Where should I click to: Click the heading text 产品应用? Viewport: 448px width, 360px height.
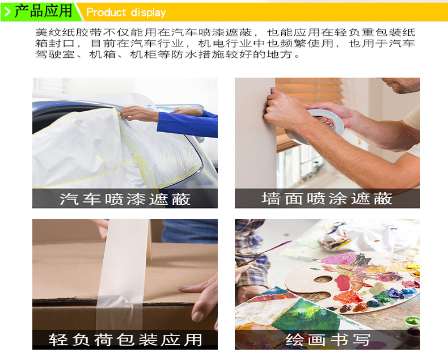coord(44,11)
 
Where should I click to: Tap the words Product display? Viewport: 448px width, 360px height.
coord(126,12)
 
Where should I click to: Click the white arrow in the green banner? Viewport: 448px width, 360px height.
coord(7,12)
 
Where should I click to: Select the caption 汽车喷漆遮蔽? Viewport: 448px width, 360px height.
coord(125,199)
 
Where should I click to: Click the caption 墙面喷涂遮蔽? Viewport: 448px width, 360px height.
coord(327,198)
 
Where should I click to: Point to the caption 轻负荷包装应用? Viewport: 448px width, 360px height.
coord(125,340)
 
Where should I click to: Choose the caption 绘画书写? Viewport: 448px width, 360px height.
coord(328,340)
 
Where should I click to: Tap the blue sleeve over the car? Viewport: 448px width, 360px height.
coord(187,124)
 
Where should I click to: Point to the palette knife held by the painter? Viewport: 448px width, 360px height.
coord(263,254)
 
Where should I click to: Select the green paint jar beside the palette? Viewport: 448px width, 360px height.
coord(411,323)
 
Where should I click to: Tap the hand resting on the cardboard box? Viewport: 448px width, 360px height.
coord(201,297)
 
